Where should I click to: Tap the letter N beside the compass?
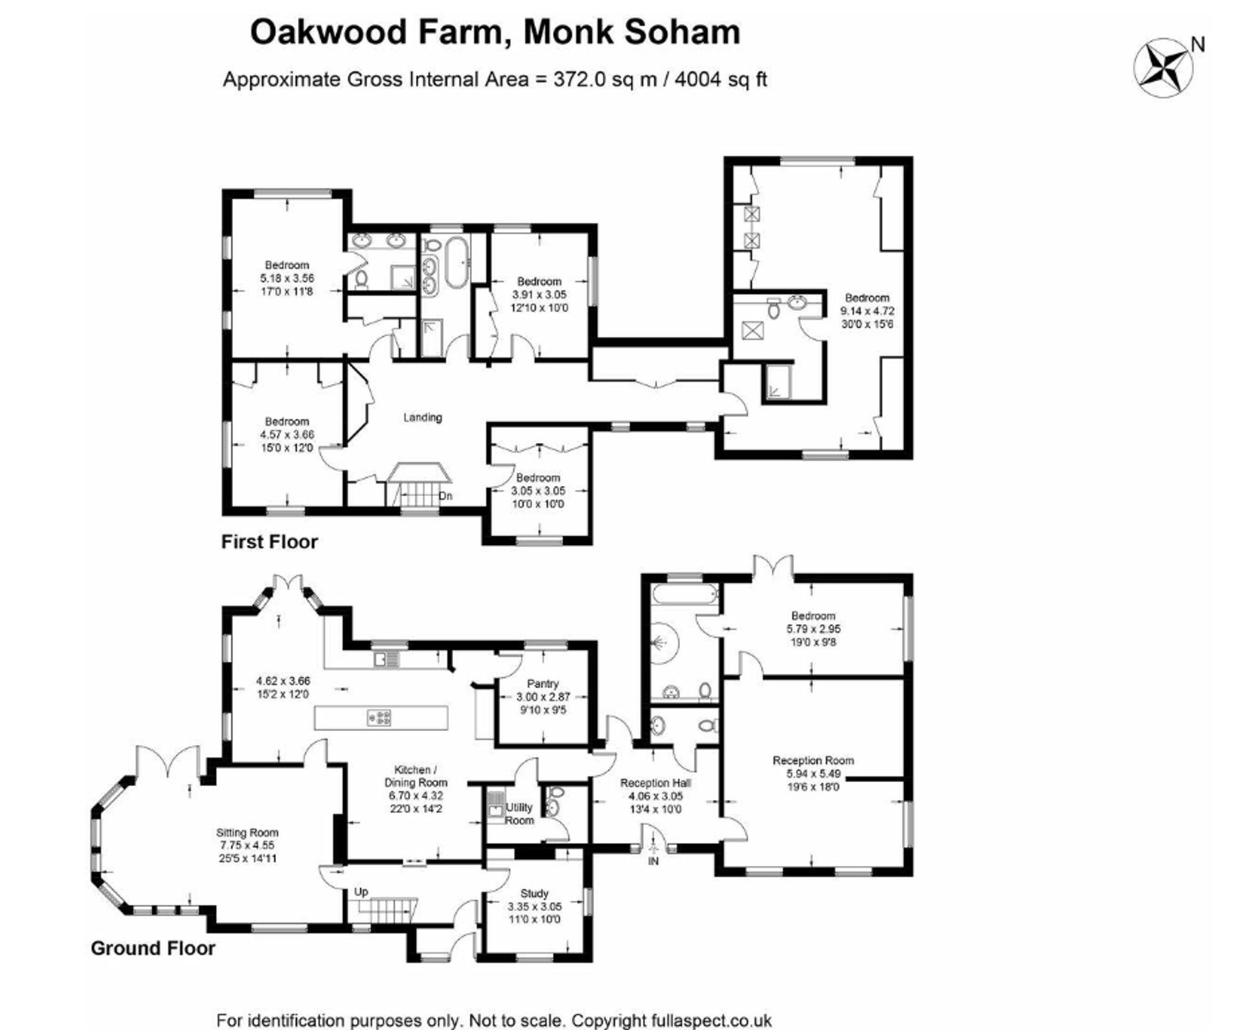1198,45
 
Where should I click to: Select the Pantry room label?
543,683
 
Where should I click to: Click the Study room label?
534,893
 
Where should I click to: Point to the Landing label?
423,417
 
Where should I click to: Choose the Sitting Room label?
247,832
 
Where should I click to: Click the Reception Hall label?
655,783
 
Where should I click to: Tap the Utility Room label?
519,814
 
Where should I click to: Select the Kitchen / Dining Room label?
416,776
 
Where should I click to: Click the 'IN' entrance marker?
653,861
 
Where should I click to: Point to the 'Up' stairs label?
361,891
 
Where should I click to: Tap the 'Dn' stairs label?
446,496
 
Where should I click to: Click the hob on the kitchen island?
379,718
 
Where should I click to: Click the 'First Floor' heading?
270,541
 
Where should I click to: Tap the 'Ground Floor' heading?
153,948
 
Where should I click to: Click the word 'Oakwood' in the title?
329,32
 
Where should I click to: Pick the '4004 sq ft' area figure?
721,80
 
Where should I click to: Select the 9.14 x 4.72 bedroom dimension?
867,311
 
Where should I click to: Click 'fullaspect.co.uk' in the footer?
712,1020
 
